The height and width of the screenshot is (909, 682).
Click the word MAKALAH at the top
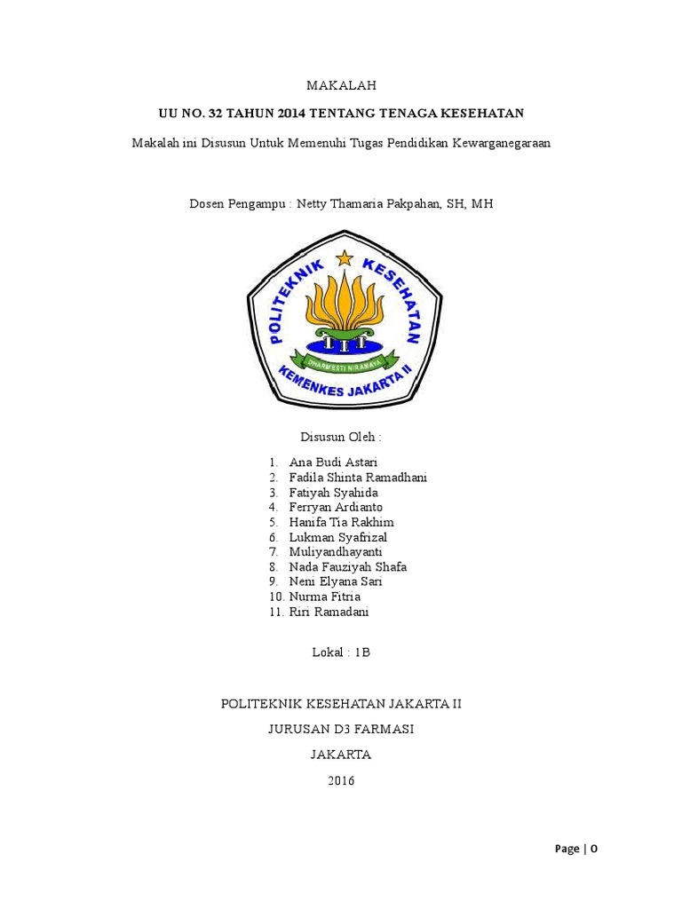coord(341,85)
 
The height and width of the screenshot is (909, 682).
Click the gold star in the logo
coord(344,259)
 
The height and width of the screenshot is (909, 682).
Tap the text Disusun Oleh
coord(341,438)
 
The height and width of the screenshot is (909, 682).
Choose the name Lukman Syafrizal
coord(338,537)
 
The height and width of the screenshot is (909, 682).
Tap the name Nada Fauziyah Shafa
coord(348,566)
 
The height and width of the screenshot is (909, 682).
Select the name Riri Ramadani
coord(329,612)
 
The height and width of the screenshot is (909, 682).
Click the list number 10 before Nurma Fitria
coord(276,597)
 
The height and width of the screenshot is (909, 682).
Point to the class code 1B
coord(361,652)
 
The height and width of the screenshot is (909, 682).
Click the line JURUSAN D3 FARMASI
coord(341,730)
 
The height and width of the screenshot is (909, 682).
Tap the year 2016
coord(341,781)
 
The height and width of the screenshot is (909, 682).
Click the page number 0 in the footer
coord(594,849)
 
